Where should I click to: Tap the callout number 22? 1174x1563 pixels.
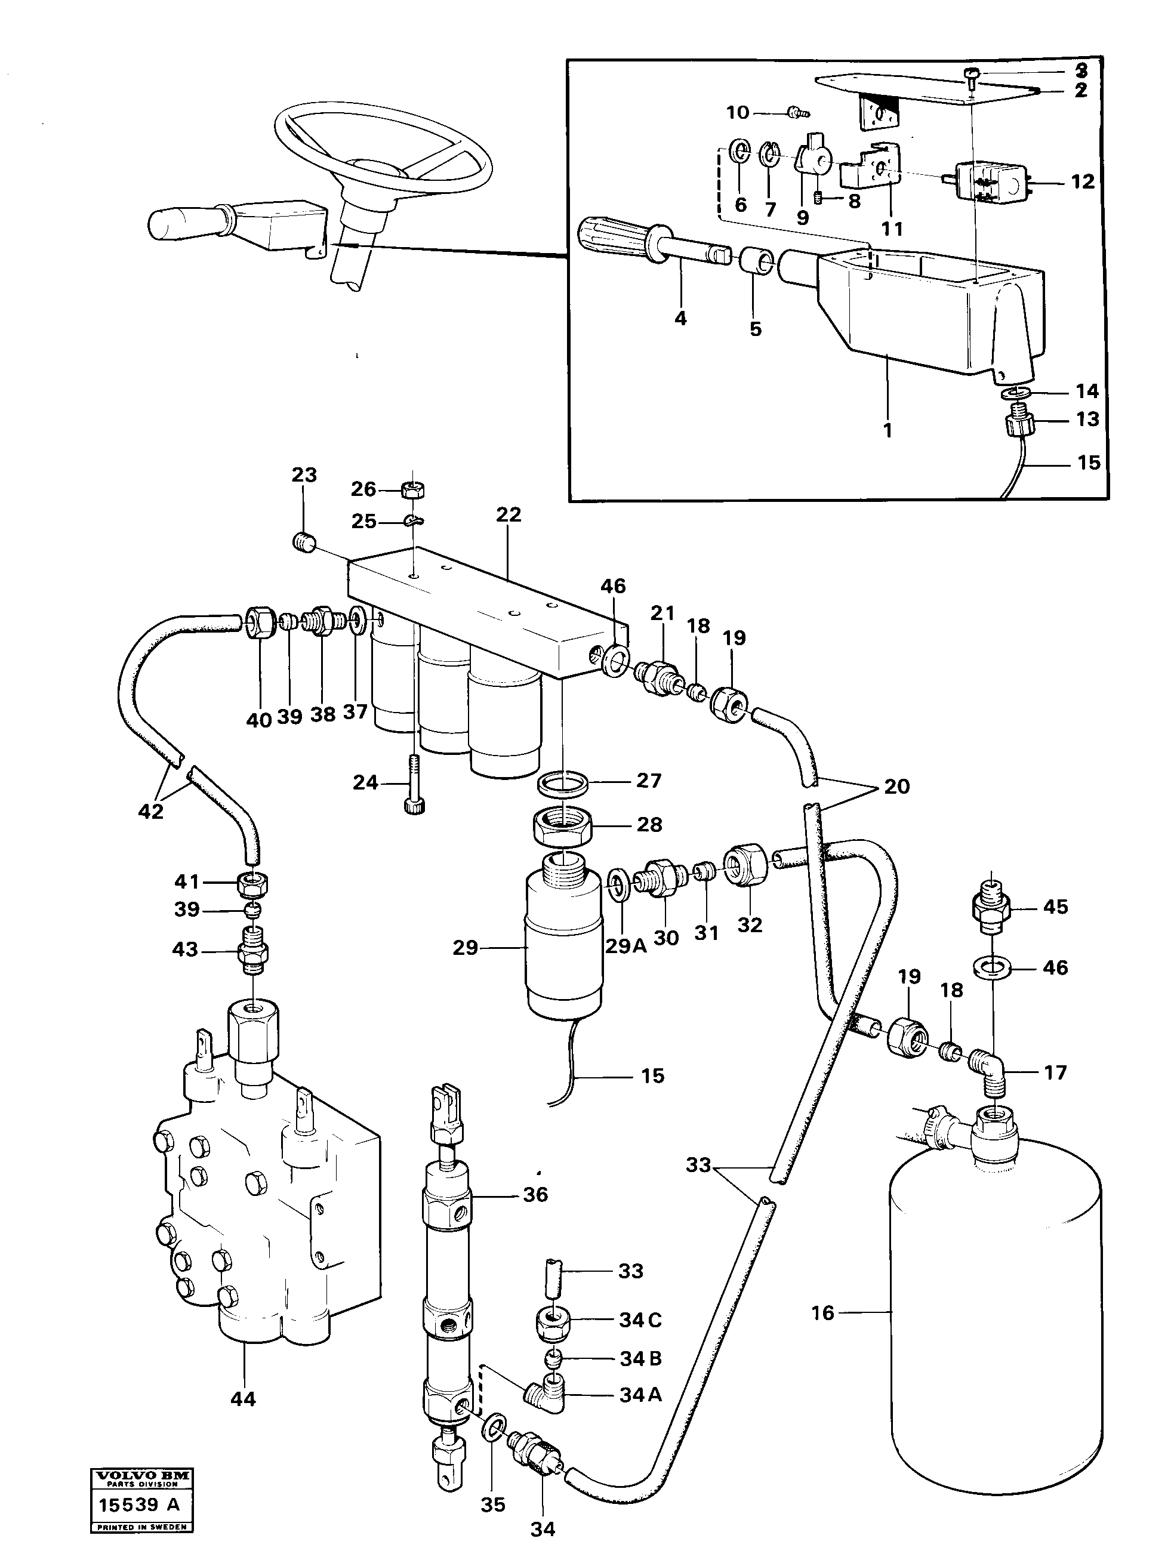[x=508, y=514]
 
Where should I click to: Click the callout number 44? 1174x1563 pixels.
[x=243, y=1398]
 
